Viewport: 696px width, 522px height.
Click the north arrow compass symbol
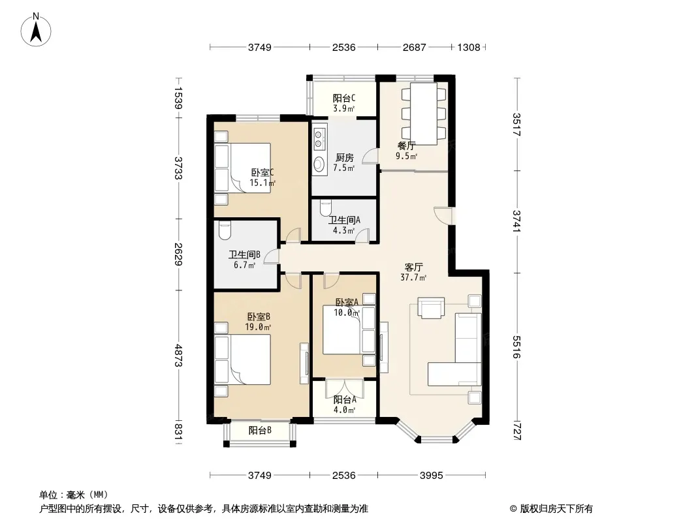click(36, 29)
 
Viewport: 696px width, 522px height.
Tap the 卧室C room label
click(262, 172)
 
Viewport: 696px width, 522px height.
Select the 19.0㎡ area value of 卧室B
click(259, 328)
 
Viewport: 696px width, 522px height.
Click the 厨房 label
click(345, 157)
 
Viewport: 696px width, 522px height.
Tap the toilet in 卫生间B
click(225, 230)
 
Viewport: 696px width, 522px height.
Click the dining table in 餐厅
click(424, 114)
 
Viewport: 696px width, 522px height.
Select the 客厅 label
click(413, 267)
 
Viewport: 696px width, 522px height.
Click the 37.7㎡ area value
click(413, 277)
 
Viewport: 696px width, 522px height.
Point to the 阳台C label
click(344, 98)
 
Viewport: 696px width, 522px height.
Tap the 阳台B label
click(260, 430)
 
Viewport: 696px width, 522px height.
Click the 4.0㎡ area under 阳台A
click(345, 410)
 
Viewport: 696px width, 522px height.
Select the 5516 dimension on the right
click(516, 347)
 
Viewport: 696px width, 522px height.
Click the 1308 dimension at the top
click(469, 47)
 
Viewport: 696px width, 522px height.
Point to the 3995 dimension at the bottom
click(432, 476)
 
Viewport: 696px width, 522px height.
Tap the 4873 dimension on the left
click(178, 356)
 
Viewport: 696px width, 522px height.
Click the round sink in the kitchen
click(319, 164)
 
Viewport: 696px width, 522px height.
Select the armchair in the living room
click(431, 307)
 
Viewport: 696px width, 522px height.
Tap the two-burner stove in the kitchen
click(319, 138)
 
